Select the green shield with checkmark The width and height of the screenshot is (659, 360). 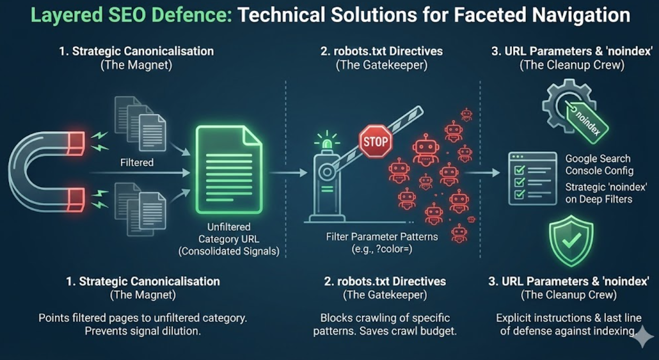tap(571, 241)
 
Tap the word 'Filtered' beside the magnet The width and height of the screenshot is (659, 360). tap(137, 162)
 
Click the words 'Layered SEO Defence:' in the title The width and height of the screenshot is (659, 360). tap(131, 15)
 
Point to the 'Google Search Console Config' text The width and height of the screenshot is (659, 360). tap(599, 165)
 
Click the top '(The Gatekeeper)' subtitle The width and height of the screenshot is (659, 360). tap(381, 65)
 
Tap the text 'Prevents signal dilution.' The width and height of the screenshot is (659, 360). tap(143, 331)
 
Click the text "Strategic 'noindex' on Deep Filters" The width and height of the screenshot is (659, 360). tap(599, 193)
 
